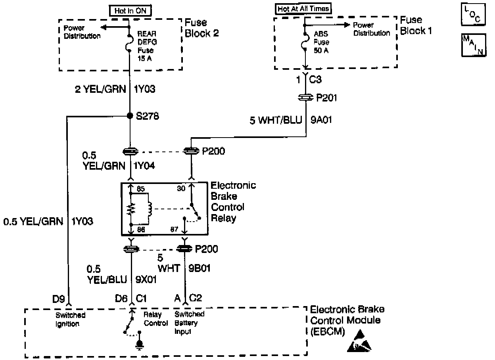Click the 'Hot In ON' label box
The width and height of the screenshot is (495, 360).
pos(130,11)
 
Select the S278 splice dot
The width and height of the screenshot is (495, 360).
pos(130,116)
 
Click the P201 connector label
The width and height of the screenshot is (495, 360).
pos(326,98)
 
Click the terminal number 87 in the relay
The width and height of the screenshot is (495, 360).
pos(173,229)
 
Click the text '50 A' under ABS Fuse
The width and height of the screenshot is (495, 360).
pos(321,51)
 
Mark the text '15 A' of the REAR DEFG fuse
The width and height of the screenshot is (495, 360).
pos(145,59)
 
